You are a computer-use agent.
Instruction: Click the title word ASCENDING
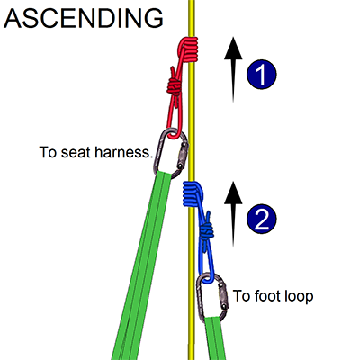click(x=83, y=18)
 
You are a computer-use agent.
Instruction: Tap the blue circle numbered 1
click(x=261, y=75)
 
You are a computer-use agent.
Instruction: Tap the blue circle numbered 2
click(x=261, y=220)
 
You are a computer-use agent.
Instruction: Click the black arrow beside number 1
click(x=233, y=69)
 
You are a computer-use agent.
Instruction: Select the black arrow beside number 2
click(x=233, y=214)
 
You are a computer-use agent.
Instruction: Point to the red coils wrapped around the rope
click(x=188, y=49)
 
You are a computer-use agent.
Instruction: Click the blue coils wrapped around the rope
click(x=193, y=194)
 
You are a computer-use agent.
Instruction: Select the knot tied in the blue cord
click(x=206, y=230)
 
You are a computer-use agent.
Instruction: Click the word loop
click(x=298, y=296)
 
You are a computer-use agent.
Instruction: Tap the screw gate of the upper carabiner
click(x=183, y=156)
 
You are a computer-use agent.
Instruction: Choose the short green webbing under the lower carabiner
click(x=215, y=338)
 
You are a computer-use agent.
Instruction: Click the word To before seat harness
click(x=48, y=152)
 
